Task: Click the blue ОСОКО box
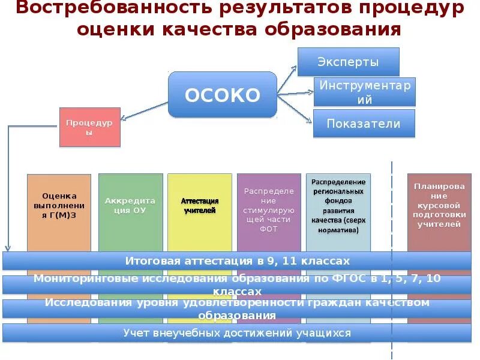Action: [222, 94]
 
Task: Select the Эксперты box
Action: [348, 62]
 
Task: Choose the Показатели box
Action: [364, 124]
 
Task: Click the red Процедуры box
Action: [90, 127]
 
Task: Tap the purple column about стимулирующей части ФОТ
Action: [269, 210]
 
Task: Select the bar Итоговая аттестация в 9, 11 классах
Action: [237, 261]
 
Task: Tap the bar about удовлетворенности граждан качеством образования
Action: [237, 308]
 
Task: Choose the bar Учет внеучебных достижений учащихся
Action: [237, 332]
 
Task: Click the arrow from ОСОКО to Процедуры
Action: [144, 112]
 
